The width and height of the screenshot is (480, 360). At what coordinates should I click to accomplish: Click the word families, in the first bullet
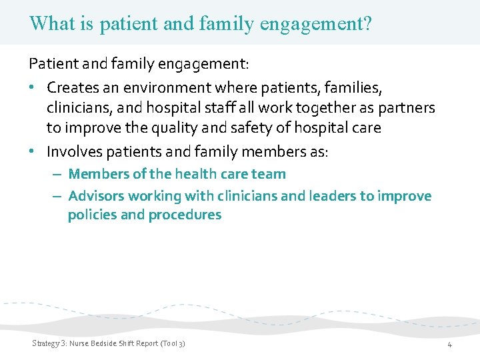351,87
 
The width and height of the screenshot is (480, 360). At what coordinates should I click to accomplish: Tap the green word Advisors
96,196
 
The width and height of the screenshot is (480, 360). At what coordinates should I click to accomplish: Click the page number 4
449,345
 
